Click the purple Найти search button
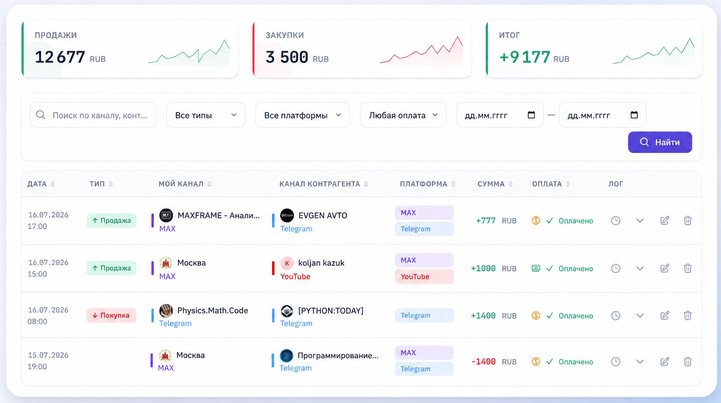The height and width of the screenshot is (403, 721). (660, 142)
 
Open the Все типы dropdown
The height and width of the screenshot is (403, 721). (206, 115)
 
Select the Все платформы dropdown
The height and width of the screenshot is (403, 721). (302, 115)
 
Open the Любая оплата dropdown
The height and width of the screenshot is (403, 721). (403, 115)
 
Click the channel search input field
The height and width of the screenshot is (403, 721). (93, 115)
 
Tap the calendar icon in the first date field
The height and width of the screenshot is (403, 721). (531, 114)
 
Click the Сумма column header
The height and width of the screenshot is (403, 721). (491, 184)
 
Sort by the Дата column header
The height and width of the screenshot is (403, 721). (37, 184)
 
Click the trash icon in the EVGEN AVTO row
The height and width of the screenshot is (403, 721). (688, 220)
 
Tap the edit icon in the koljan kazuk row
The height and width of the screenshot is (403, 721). (665, 268)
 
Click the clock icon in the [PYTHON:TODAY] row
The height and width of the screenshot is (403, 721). (615, 315)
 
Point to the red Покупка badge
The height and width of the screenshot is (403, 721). (111, 315)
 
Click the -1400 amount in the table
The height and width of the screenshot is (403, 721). (483, 361)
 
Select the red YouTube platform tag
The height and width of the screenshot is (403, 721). (424, 277)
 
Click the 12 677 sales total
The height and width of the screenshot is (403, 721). (60, 57)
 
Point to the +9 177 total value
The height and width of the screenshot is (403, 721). (524, 57)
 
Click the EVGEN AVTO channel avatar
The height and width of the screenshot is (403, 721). (287, 215)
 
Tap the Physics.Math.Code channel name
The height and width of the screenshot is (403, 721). (213, 310)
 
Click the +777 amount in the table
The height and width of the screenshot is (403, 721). (485, 220)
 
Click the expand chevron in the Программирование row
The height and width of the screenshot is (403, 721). (640, 361)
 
